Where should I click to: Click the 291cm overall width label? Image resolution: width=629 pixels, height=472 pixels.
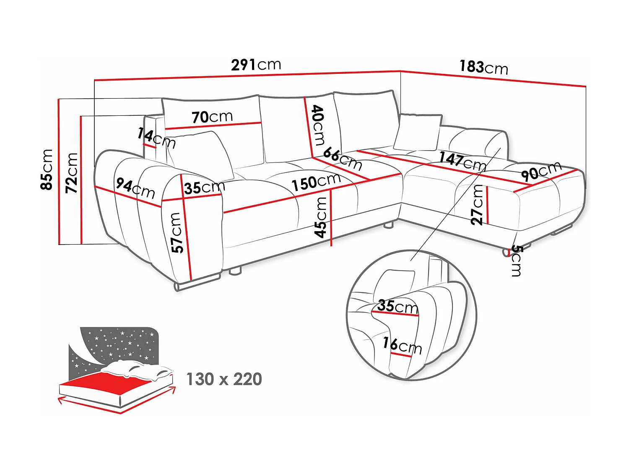click(256, 65)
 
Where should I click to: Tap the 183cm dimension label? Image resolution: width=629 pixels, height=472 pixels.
click(484, 68)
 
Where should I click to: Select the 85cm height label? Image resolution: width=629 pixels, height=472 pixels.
click(47, 170)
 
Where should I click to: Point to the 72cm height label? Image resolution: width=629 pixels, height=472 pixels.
click(71, 173)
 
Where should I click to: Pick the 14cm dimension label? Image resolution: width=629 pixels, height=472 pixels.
click(156, 138)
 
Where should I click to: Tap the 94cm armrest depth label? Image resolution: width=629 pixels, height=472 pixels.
click(135, 188)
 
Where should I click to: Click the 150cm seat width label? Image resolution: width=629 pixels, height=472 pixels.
click(316, 182)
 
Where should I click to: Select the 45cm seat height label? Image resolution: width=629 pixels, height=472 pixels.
click(321, 217)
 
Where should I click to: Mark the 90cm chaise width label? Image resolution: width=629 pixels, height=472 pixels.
click(541, 170)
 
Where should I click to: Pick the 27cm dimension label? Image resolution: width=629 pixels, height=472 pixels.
click(477, 205)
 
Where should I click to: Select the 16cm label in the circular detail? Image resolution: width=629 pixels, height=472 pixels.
click(402, 346)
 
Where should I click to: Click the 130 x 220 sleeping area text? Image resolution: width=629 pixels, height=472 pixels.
click(224, 379)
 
